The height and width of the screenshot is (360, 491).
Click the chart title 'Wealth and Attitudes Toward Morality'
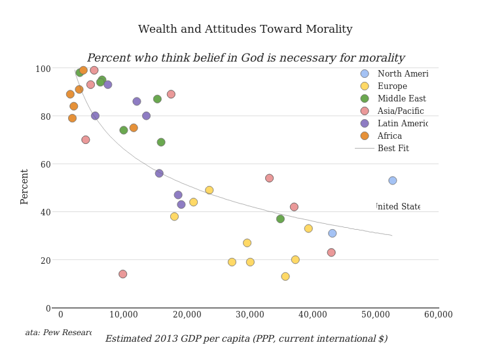[245, 29]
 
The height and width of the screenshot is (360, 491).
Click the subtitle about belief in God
[245, 58]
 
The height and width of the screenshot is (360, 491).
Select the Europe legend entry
[392, 86]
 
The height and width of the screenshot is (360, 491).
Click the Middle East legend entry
[401, 99]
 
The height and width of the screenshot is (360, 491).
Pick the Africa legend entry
[390, 136]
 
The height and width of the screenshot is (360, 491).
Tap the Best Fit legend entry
[393, 149]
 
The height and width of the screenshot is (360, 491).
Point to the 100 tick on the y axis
[43, 69]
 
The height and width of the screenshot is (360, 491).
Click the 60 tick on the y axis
[46, 164]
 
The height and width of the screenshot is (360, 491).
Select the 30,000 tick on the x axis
[249, 315]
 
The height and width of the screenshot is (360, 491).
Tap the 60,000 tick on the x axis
[438, 315]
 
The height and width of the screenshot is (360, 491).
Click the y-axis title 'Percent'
[25, 187]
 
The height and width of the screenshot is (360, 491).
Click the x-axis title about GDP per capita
[246, 339]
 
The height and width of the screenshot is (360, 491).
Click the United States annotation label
[398, 207]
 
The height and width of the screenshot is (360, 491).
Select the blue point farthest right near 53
[392, 181]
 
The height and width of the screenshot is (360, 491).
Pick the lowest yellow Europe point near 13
[285, 276]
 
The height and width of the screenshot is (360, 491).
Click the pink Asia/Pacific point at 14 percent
[122, 274]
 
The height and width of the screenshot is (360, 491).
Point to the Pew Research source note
[58, 333]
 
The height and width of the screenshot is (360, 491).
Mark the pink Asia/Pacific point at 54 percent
[269, 178]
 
